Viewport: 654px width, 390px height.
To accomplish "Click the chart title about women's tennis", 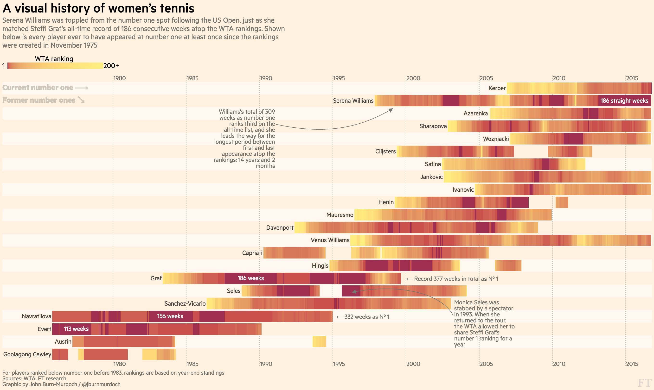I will coord(98,8).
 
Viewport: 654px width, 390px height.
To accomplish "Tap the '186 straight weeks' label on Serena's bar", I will coord(624,101).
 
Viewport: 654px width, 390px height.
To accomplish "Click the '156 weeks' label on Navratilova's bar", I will coord(170,316).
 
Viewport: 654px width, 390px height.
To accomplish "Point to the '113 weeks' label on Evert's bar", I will coord(76,329).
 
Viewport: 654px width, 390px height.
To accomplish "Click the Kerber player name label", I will coord(497,88).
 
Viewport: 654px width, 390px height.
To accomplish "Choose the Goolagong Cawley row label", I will coord(27,354).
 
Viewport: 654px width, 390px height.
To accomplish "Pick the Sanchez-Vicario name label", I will coord(185,303).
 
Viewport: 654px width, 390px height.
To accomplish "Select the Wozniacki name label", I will coord(496,139).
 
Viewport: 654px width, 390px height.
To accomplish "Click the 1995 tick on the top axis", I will coord(339,78).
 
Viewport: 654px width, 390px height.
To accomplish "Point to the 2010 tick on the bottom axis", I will coord(559,364).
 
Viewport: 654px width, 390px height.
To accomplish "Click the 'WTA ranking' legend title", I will coord(54,59).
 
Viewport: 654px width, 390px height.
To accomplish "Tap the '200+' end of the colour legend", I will coord(111,66).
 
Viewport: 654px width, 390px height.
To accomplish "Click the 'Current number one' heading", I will coord(38,88).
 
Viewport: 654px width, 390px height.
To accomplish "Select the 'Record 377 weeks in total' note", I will coord(456,279).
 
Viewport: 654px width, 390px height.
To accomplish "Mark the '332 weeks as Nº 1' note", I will coord(366,317).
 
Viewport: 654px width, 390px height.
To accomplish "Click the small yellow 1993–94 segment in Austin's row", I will coord(319,342).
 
